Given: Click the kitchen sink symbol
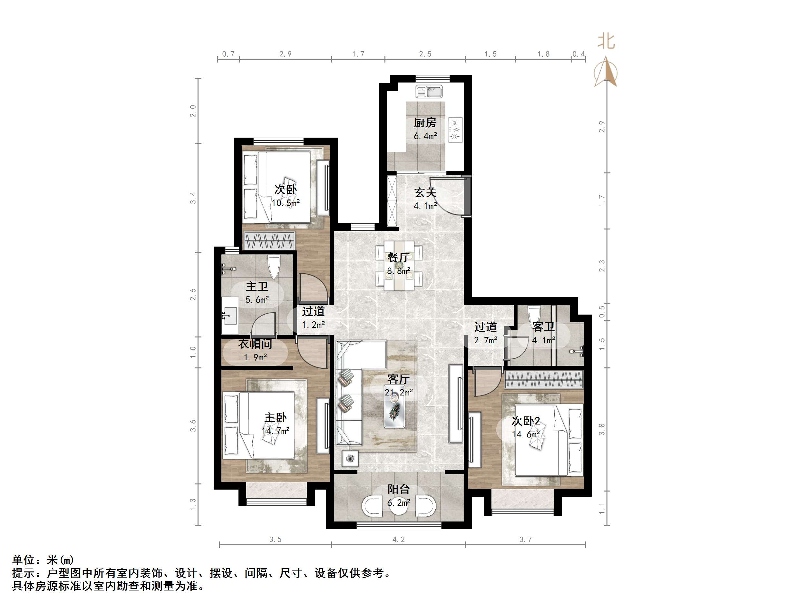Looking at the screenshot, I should [x=429, y=92].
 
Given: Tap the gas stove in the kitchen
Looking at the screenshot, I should [x=455, y=130].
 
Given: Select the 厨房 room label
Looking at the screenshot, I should [x=425, y=123].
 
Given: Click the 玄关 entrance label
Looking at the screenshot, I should [x=425, y=192].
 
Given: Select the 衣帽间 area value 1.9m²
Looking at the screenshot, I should [x=255, y=357].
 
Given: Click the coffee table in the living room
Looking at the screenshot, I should [x=394, y=410].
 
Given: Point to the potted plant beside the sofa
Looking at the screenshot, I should [x=350, y=458].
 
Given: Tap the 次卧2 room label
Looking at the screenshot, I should [x=526, y=421].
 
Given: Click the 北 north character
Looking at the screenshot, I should [x=606, y=42].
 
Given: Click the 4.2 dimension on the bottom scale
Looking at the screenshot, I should [x=399, y=539].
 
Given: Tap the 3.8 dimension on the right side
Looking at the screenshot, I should [x=602, y=429].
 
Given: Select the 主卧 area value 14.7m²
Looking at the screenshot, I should [x=276, y=431].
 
